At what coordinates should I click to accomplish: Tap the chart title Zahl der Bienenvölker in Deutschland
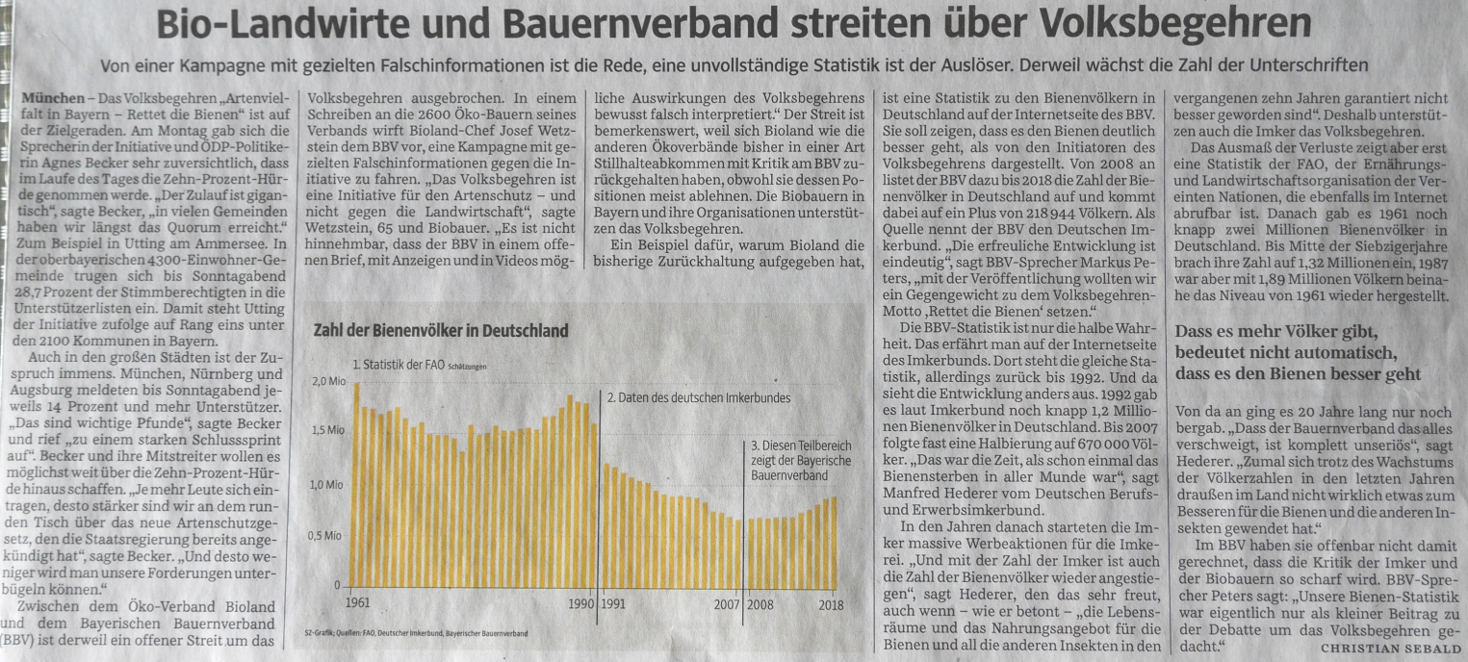click(441, 331)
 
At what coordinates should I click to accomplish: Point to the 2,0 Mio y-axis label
click(328, 382)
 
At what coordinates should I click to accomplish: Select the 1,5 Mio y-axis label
click(328, 433)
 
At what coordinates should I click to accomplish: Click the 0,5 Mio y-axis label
click(328, 535)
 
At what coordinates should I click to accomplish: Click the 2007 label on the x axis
click(726, 604)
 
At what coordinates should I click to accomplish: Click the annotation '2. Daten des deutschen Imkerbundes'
click(698, 396)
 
